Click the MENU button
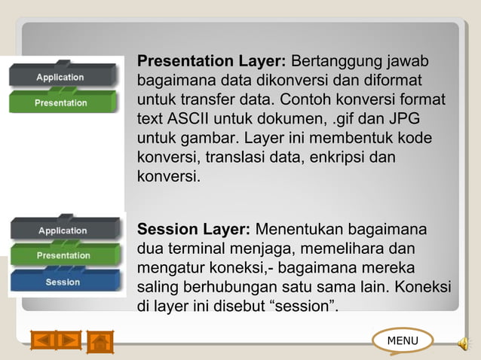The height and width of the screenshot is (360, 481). tap(403, 340)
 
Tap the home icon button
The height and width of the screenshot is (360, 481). tap(100, 341)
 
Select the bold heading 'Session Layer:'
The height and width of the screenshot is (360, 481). tap(193, 229)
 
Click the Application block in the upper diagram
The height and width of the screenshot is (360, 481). tap(60, 78)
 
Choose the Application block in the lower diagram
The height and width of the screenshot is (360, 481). tap(63, 230)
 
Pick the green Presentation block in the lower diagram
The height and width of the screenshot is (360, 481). tap(63, 256)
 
